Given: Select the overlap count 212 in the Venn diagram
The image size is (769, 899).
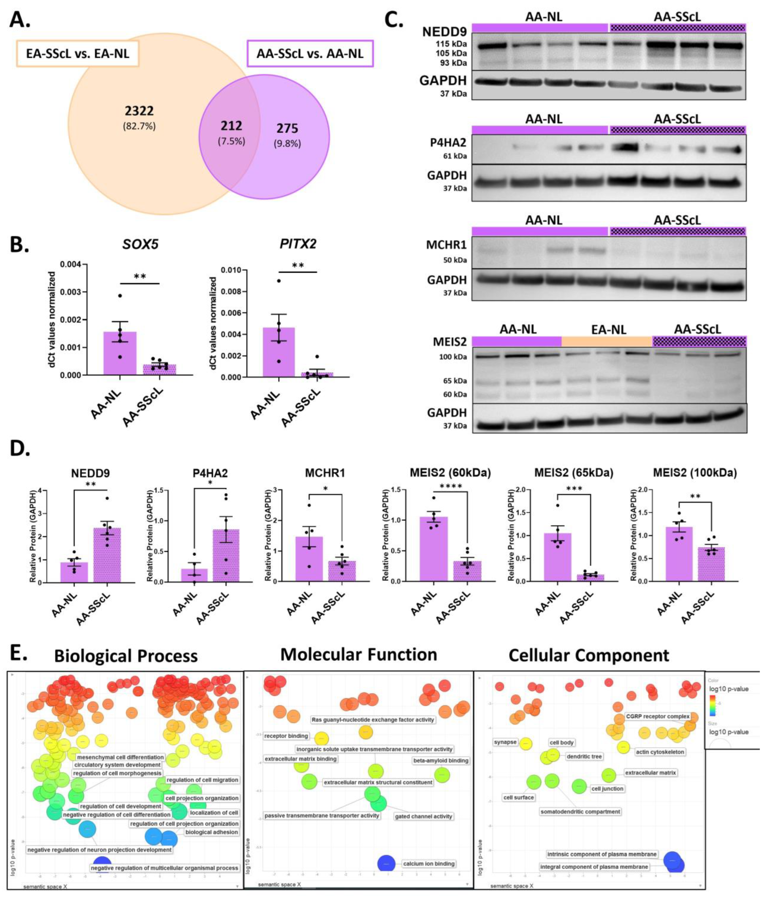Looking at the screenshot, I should [x=231, y=126].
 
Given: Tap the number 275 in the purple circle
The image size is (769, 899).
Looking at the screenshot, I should [x=287, y=128].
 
